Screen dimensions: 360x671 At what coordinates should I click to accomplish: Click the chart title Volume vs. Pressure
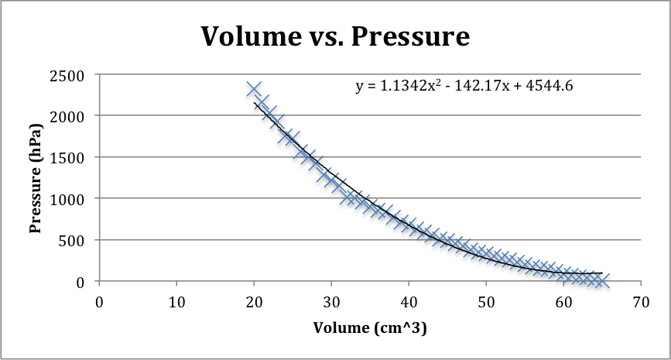[335, 36]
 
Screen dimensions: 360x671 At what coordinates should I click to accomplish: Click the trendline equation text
[464, 86]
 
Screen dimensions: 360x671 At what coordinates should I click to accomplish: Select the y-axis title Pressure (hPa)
[35, 177]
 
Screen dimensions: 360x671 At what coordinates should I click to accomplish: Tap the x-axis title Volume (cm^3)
[370, 327]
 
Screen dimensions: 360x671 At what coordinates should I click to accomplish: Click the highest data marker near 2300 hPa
[254, 89]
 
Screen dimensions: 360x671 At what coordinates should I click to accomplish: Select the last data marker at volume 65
[601, 280]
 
